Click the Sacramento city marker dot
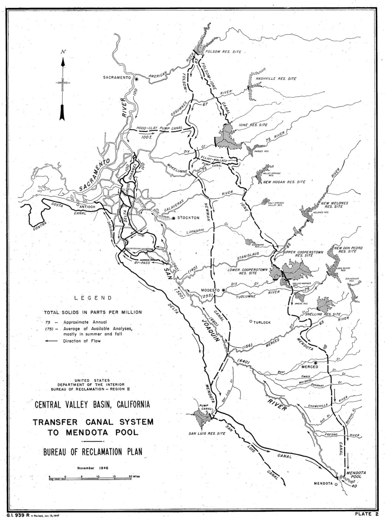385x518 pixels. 137,78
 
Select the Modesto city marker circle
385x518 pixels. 224,290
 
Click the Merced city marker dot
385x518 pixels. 316,363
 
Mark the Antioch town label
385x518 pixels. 88,206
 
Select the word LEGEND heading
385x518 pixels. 93,298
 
